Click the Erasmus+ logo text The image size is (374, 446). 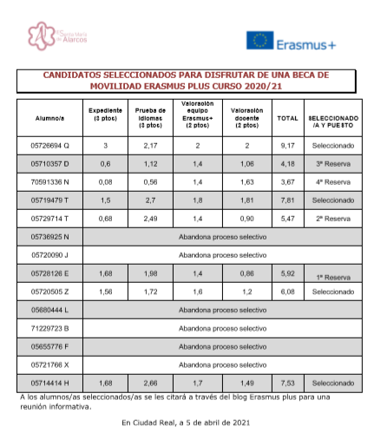click(307, 41)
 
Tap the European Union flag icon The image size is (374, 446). click(260, 41)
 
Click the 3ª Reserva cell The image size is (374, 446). click(332, 163)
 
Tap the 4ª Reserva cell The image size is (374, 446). click(332, 181)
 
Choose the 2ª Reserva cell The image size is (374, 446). click(332, 218)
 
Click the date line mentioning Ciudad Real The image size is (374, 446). click(186, 423)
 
